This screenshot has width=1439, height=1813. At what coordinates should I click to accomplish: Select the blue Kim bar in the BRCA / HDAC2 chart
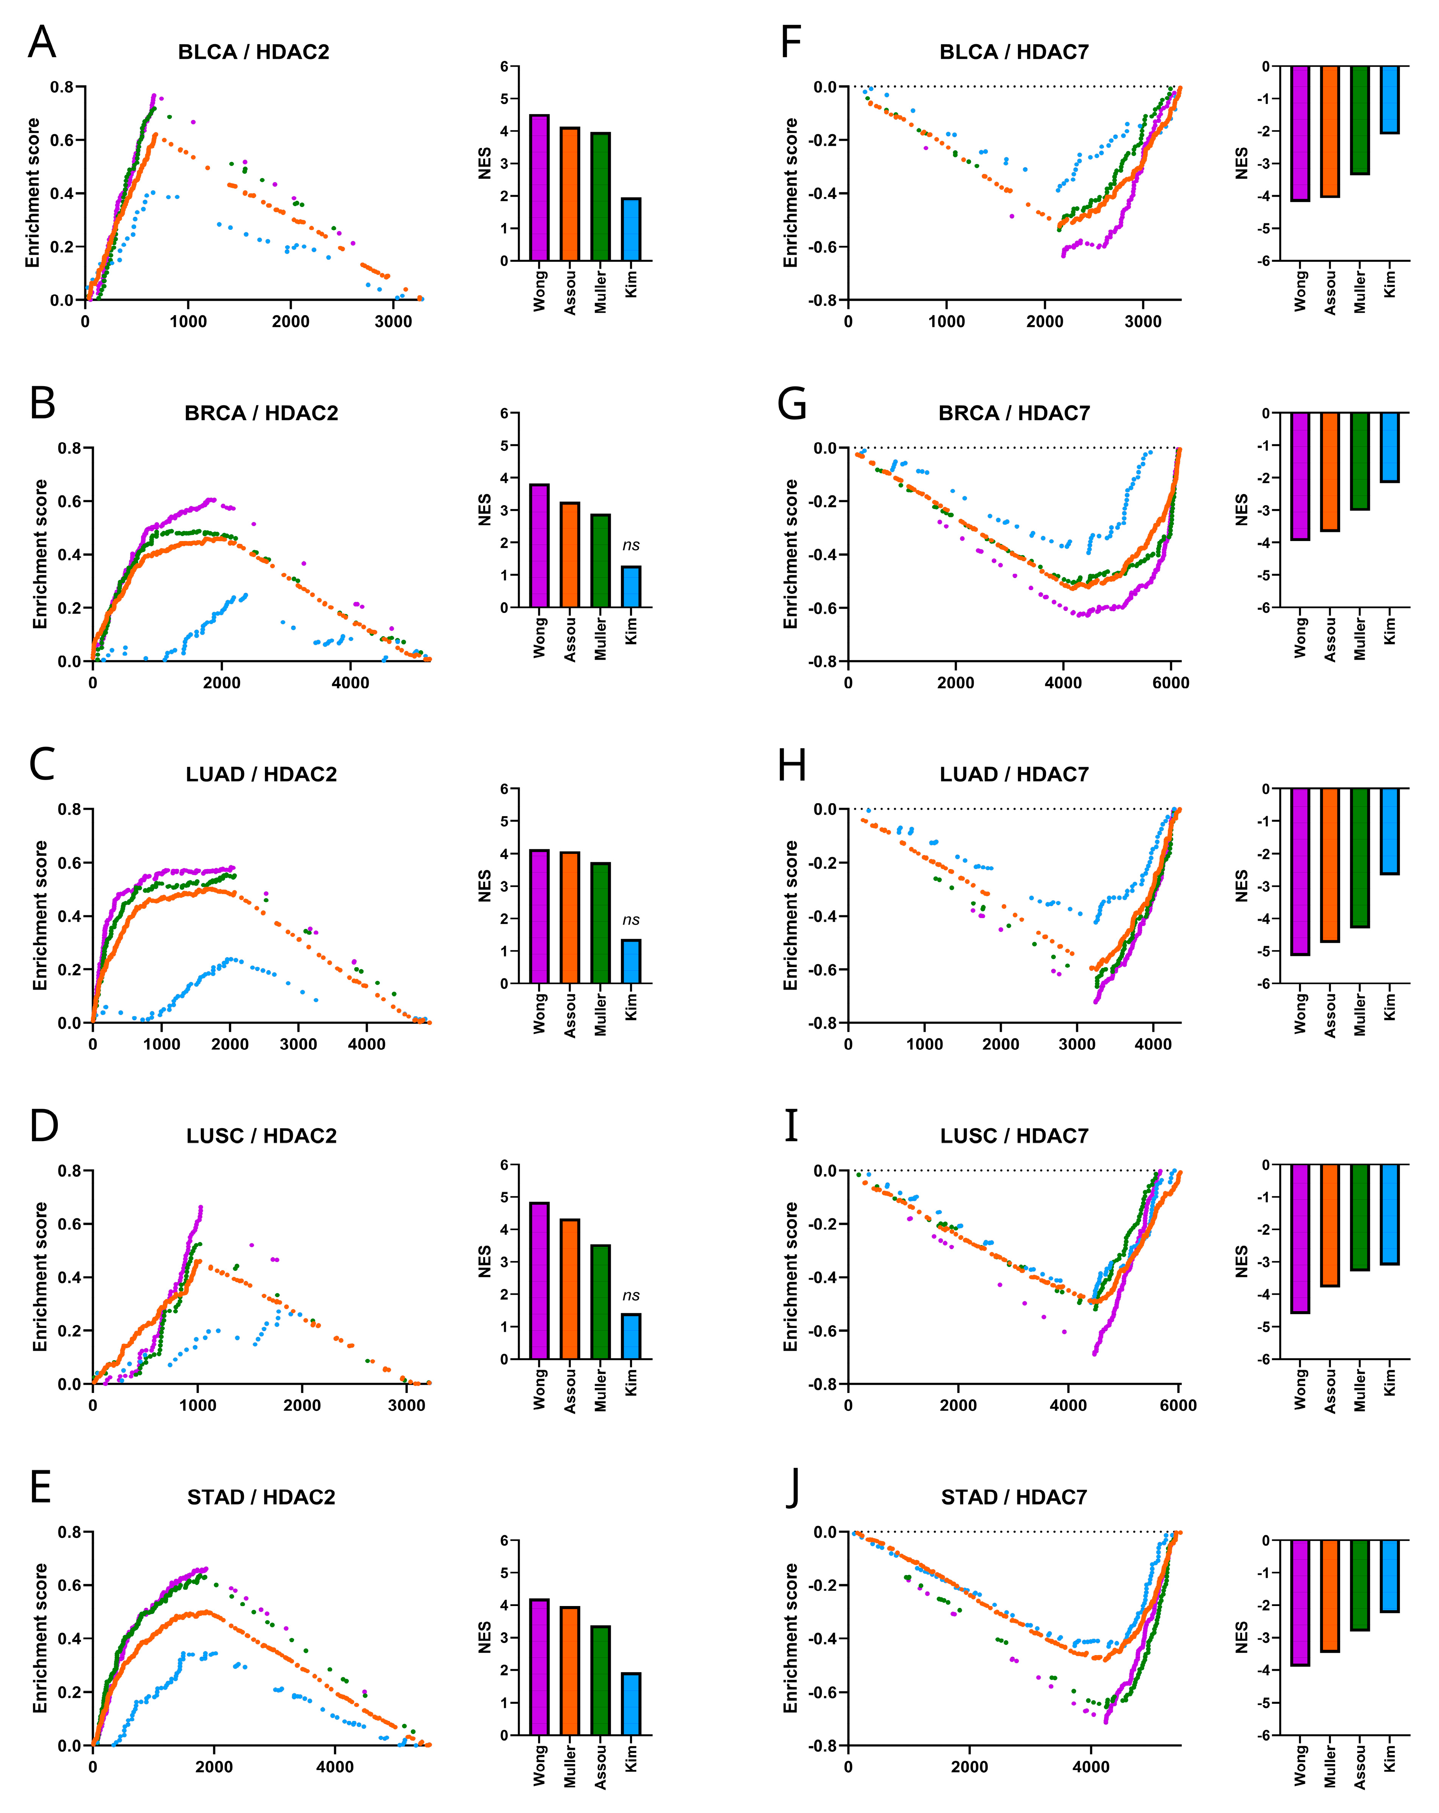tap(631, 587)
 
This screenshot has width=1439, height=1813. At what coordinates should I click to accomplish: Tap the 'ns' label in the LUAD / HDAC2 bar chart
tap(631, 920)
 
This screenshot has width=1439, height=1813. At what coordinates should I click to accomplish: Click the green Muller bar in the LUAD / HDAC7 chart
tap(1359, 858)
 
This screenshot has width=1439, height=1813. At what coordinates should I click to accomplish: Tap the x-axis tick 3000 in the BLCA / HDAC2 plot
tap(393, 321)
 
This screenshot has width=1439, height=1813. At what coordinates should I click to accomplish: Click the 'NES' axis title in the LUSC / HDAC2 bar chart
tap(484, 1261)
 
